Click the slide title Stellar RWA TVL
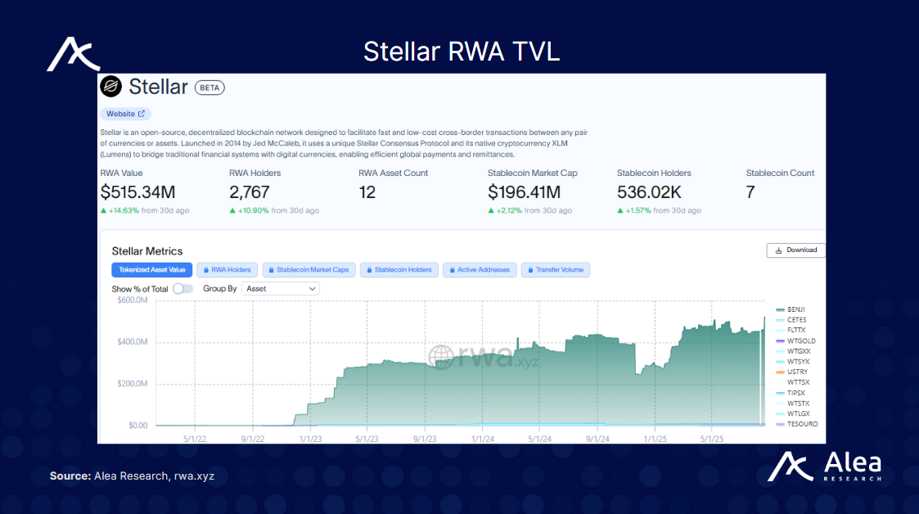(x=462, y=51)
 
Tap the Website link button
(x=125, y=114)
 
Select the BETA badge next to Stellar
(x=209, y=88)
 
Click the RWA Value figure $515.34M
(x=137, y=192)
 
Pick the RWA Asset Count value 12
(x=368, y=192)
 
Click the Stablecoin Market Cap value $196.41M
(x=524, y=192)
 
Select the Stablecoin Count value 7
(x=750, y=192)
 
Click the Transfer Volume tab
(x=556, y=269)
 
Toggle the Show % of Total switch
(x=183, y=289)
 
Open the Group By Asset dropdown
(x=281, y=289)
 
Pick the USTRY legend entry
(x=796, y=372)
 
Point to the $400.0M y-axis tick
(x=131, y=342)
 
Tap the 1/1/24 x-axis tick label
(x=483, y=438)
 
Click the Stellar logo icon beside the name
(x=110, y=86)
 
